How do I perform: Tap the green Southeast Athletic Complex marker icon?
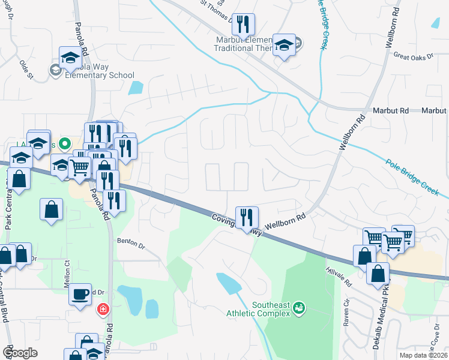click(298, 309)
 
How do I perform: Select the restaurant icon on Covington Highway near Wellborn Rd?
click(247, 217)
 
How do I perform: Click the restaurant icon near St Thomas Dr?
click(243, 24)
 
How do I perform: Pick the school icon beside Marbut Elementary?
click(284, 44)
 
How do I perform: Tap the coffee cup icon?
click(80, 294)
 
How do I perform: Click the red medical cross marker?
click(103, 309)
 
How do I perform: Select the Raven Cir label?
click(347, 317)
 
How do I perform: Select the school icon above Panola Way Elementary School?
click(70, 58)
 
